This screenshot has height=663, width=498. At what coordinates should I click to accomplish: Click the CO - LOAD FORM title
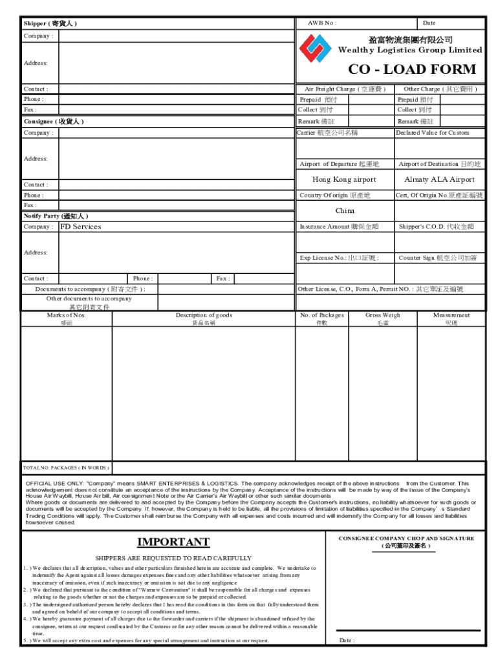(x=411, y=70)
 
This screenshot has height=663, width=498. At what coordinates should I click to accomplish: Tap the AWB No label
(x=321, y=23)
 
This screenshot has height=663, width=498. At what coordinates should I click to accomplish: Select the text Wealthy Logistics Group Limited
(x=410, y=51)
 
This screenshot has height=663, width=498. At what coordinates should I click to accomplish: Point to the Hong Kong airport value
(x=344, y=180)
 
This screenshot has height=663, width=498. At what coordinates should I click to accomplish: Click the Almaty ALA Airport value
(x=439, y=180)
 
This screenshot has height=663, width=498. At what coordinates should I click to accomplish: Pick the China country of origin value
(x=345, y=211)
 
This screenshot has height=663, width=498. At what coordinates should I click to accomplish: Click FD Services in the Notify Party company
(x=81, y=227)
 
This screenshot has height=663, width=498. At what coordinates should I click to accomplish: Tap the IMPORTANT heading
(x=173, y=542)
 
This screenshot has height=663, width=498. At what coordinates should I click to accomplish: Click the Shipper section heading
(x=50, y=23)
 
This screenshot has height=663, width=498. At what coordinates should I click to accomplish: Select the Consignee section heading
(x=54, y=122)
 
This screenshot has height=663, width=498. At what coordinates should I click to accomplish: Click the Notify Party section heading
(x=56, y=216)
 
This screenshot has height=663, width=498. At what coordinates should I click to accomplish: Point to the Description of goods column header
(x=204, y=315)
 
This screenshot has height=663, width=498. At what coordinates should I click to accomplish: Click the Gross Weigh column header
(x=382, y=315)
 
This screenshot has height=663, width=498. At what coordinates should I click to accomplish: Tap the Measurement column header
(x=451, y=315)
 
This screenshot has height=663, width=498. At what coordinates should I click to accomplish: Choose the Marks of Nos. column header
(x=66, y=315)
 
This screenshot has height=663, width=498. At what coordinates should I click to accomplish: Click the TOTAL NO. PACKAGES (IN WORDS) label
(x=66, y=467)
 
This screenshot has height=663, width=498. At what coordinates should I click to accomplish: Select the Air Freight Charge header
(x=345, y=89)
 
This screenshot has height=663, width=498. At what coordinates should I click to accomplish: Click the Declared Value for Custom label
(x=433, y=133)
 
